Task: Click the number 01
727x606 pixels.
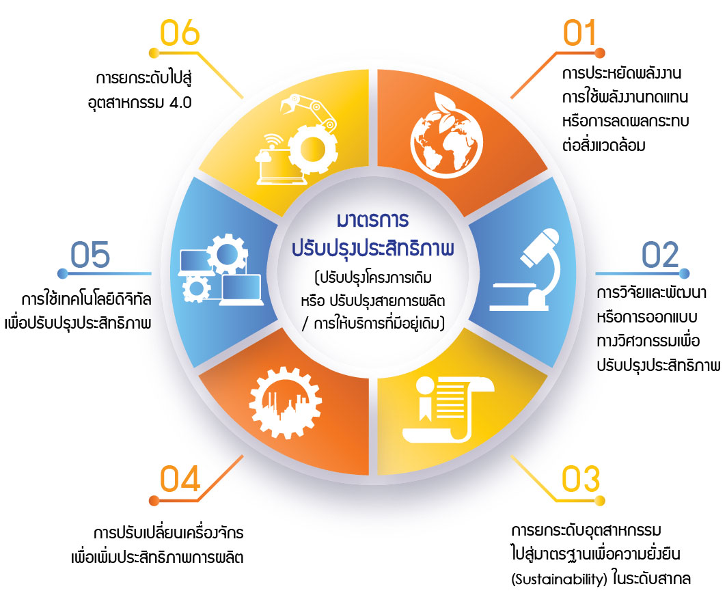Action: click(x=579, y=33)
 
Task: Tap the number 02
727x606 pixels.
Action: click(x=660, y=255)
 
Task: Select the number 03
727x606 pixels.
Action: click(x=581, y=479)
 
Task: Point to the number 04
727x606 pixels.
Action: click(x=180, y=479)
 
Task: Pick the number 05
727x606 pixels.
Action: click(x=90, y=255)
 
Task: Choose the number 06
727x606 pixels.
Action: click(x=180, y=33)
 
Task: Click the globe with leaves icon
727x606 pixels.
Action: click(x=446, y=135)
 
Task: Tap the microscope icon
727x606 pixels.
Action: click(x=525, y=269)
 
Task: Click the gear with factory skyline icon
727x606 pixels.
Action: click(x=286, y=402)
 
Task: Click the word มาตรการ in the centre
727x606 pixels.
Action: click(x=373, y=220)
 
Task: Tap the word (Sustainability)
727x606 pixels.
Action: click(x=559, y=579)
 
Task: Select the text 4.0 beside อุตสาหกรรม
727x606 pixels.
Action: click(x=180, y=102)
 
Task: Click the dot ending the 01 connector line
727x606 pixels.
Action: click(x=599, y=53)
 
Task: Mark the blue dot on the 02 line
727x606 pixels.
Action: click(x=684, y=273)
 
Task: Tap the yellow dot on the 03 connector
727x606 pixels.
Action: click(x=600, y=501)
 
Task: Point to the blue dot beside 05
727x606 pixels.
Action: click(x=63, y=273)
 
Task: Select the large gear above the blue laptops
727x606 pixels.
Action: click(x=227, y=254)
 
